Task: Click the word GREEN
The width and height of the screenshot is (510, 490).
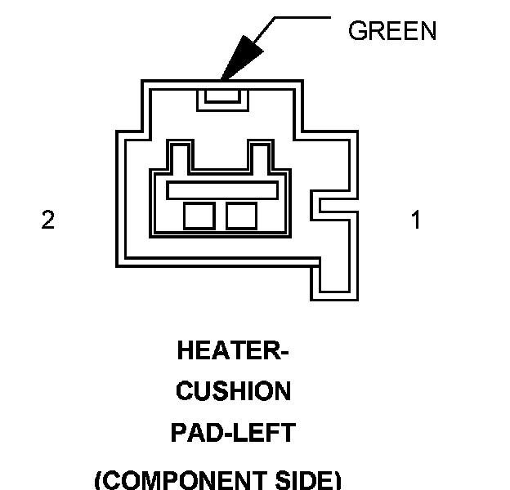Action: [x=392, y=31]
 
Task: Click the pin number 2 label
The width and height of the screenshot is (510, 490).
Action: [x=48, y=220]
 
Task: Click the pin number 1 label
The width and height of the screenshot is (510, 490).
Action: [x=416, y=220]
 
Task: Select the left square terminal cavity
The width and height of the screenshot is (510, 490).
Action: [x=199, y=215]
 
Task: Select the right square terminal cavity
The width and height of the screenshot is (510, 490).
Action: [x=242, y=215]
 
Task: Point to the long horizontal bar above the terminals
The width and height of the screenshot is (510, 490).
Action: [x=222, y=189]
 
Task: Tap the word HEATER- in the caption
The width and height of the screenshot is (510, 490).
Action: [x=233, y=351]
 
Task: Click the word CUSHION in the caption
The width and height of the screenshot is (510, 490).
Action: [x=233, y=392]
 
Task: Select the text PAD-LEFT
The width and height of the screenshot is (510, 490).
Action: [x=233, y=433]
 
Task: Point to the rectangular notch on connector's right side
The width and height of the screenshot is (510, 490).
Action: [x=335, y=205]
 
